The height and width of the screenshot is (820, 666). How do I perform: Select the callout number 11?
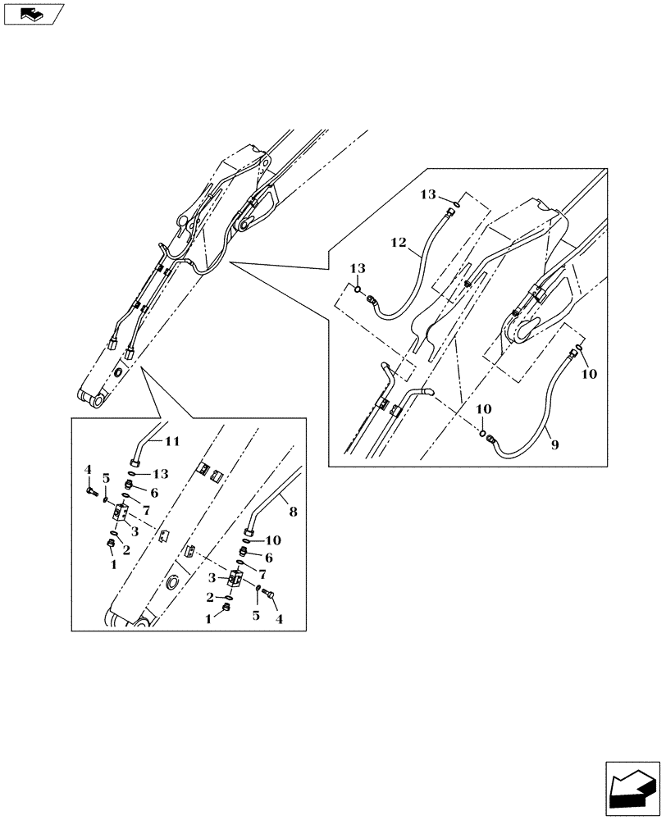(x=171, y=441)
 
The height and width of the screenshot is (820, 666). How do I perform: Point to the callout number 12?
(x=399, y=244)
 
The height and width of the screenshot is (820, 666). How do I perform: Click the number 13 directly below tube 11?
(x=160, y=473)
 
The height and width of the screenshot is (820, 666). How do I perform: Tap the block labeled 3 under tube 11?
(x=120, y=515)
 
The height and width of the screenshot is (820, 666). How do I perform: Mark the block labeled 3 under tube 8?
(x=234, y=580)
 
